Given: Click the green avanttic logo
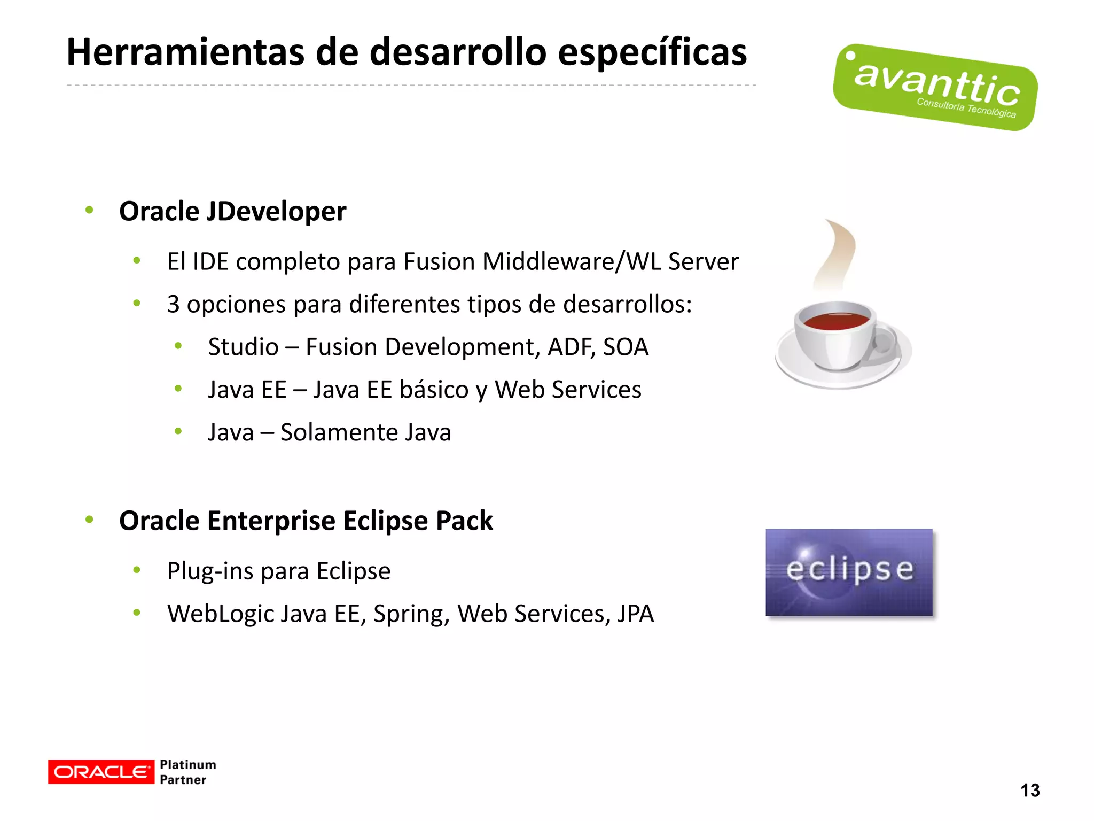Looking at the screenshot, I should click(x=935, y=88).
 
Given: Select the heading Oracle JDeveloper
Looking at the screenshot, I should click(x=232, y=211).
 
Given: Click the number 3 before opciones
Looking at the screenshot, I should click(x=173, y=304).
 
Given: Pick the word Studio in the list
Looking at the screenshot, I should click(x=243, y=347).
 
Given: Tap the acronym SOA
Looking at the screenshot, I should click(x=626, y=347).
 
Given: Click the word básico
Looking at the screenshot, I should click(x=434, y=390).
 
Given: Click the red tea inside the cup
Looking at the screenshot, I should click(x=836, y=321).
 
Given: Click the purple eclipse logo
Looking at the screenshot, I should click(x=849, y=572).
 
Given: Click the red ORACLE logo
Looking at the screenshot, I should click(x=101, y=772).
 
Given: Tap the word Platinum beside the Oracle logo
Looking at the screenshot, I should click(x=188, y=764).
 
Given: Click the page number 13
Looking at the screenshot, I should click(x=1030, y=790).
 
